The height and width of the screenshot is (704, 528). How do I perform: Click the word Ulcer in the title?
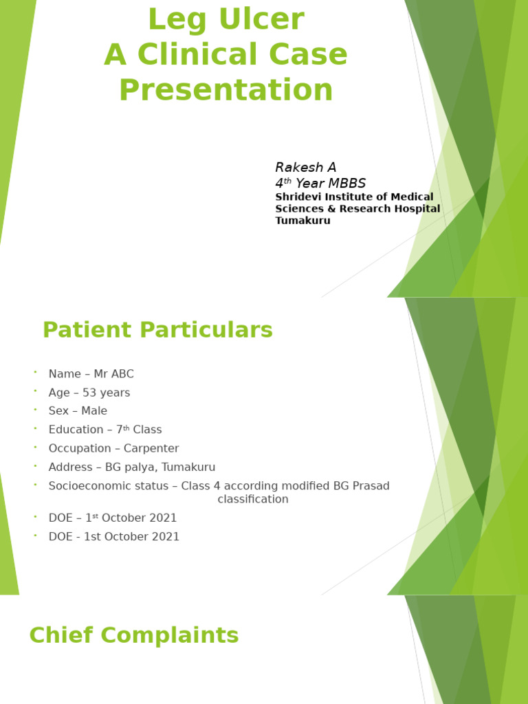[264, 20]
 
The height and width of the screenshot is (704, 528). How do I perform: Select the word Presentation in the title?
[225, 90]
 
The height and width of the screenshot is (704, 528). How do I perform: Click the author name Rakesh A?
[305, 167]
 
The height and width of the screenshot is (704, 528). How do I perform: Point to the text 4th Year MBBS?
[320, 184]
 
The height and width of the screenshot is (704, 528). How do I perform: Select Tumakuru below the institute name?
[302, 221]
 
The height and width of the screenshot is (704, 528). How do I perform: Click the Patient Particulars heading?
[157, 330]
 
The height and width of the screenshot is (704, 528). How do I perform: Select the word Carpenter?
[151, 448]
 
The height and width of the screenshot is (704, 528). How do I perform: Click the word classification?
[253, 499]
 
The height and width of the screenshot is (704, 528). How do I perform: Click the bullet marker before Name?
[34, 372]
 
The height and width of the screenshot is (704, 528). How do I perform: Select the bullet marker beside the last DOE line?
[34, 535]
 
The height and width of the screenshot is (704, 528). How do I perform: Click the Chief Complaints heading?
[134, 635]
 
